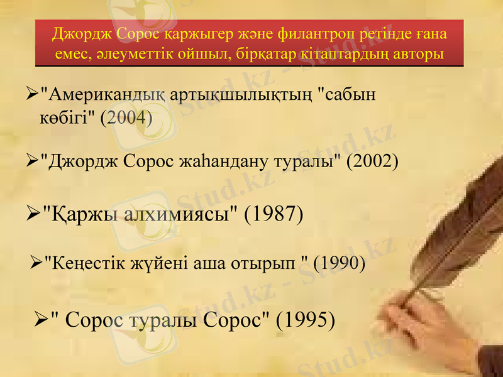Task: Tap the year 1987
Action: pyautogui.click(x=274, y=214)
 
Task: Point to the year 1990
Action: pyautogui.click(x=339, y=263)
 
